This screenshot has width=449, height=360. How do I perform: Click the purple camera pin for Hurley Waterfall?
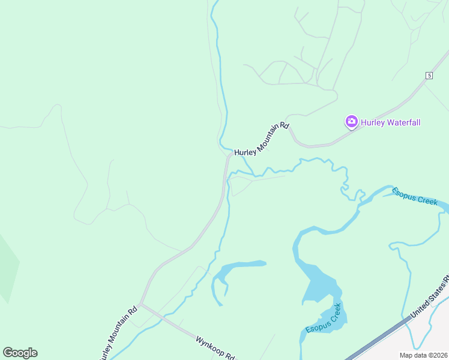tap(351, 122)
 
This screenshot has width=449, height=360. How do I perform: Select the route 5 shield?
tap(429, 75)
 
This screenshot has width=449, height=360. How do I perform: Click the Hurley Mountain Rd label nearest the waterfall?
tap(262, 140)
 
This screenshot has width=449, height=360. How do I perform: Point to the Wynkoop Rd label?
tap(214, 347)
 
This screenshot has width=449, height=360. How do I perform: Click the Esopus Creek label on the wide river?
tap(415, 196)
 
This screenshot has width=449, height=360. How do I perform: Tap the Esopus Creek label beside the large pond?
tap(324, 319)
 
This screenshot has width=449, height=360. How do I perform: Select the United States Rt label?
tap(430, 298)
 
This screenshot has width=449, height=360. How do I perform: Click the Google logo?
tap(20, 353)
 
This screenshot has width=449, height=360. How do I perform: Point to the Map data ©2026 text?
tap(424, 355)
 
